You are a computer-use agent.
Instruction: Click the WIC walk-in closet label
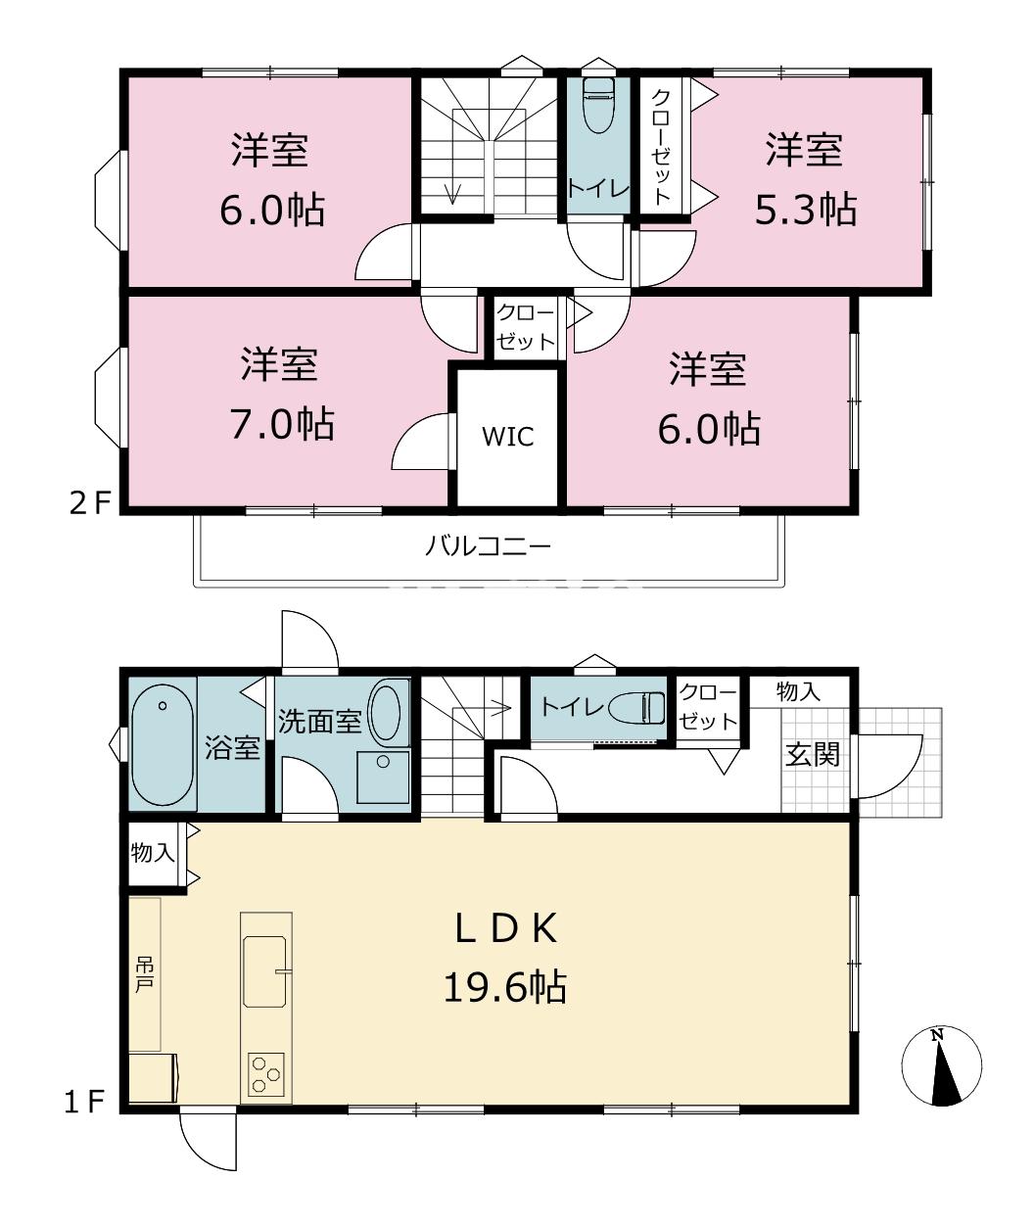507,436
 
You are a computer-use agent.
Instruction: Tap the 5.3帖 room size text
805,210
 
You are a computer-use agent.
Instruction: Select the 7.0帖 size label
282,424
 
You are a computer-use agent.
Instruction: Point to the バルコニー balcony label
489,546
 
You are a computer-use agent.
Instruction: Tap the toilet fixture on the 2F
598,105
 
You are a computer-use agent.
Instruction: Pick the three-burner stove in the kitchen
266,1075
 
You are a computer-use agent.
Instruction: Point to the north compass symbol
941,1065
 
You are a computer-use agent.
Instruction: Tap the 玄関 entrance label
813,755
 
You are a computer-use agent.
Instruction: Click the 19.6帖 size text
504,987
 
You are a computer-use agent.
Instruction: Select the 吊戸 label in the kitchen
144,974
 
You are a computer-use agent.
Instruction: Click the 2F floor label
90,503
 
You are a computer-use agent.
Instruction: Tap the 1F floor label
84,1102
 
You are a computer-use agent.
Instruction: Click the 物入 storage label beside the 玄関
798,691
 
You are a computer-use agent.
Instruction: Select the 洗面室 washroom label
319,721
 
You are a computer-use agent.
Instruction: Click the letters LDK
506,929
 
